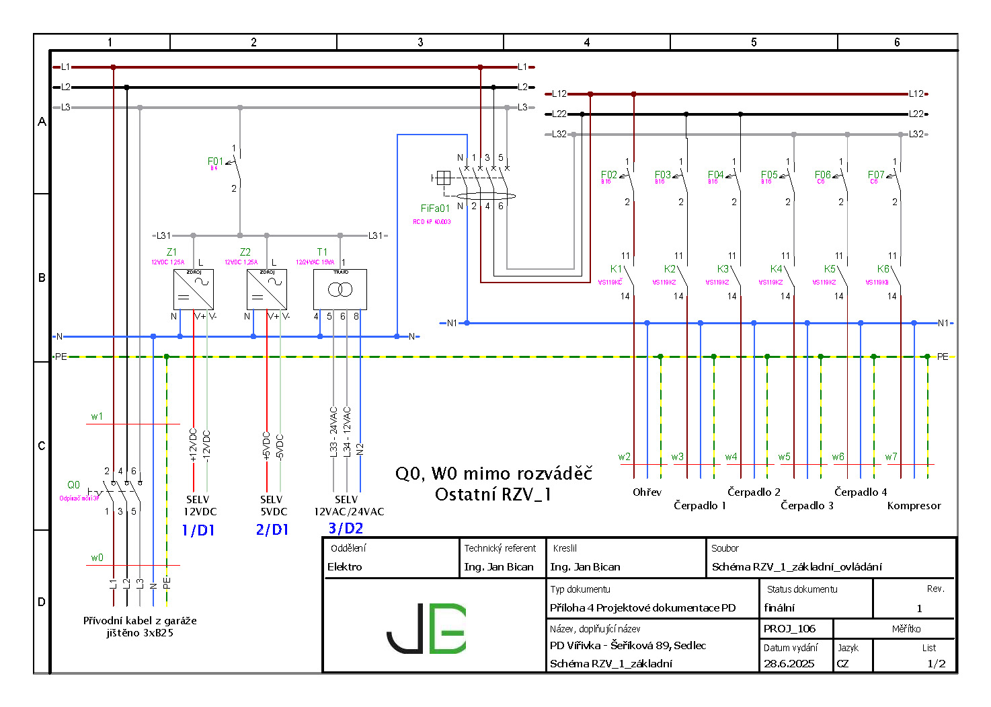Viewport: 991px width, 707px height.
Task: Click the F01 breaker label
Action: (214, 161)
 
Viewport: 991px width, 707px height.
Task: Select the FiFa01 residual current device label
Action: (434, 209)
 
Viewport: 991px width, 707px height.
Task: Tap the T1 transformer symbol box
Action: (340, 289)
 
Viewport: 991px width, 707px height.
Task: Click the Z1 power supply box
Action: (194, 289)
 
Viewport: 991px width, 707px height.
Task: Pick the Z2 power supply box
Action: (267, 289)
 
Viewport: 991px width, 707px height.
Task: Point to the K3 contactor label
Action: (723, 269)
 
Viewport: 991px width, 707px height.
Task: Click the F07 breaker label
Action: (876, 175)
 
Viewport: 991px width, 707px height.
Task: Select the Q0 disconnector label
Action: (73, 485)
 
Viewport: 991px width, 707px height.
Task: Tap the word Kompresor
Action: (914, 506)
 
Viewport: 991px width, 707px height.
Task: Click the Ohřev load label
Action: (647, 492)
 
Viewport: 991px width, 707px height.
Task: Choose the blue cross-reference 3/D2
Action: (346, 529)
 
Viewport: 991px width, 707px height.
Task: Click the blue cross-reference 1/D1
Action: (198, 530)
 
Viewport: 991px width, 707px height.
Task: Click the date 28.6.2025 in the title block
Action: (789, 664)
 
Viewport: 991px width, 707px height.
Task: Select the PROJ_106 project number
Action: (789, 629)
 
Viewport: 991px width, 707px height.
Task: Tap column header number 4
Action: (586, 42)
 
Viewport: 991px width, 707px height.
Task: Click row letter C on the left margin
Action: (42, 446)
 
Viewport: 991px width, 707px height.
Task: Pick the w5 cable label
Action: (784, 457)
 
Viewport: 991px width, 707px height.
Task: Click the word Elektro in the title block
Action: (345, 567)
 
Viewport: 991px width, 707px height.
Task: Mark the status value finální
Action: (779, 608)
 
